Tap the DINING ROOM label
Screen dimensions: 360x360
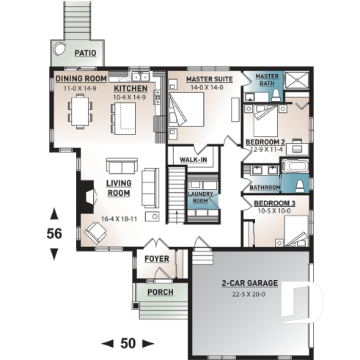(81, 78)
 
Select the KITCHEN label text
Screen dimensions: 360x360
(131, 87)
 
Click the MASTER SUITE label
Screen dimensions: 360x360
(209, 78)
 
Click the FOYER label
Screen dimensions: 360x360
(157, 259)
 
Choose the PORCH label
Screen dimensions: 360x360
(160, 292)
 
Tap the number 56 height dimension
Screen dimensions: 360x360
(54, 234)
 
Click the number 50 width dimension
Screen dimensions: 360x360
(129, 342)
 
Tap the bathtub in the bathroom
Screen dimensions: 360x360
(296, 166)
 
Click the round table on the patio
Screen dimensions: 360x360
(60, 50)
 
